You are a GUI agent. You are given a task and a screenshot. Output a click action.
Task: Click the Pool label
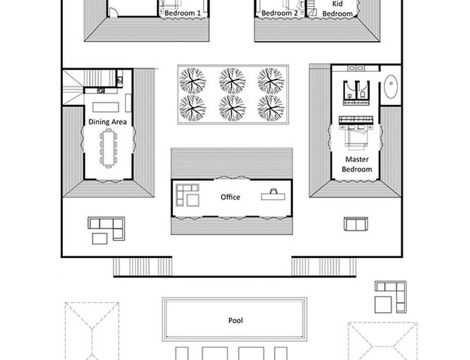[x=235, y=321]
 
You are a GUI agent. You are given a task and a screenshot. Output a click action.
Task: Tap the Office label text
[x=230, y=197]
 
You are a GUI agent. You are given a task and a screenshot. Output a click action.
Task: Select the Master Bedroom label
[x=357, y=164]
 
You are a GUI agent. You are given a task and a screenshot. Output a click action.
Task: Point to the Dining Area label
[x=107, y=122]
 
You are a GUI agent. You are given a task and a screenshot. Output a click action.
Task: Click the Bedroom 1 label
[x=183, y=13]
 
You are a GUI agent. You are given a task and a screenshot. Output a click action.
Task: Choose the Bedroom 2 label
[x=280, y=13]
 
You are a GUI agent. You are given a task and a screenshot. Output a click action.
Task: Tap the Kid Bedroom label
[x=337, y=9]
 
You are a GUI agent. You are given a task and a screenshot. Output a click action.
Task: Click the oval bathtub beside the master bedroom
[x=391, y=86]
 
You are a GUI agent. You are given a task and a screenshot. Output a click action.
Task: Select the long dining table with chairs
[x=108, y=148]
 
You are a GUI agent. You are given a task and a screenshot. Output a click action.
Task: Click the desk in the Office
[x=273, y=196]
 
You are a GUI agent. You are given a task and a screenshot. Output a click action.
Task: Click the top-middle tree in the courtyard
[x=232, y=81]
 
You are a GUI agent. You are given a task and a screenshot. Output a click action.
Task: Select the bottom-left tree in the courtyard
[x=192, y=108]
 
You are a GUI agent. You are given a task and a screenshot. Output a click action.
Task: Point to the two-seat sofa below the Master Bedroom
[x=356, y=224]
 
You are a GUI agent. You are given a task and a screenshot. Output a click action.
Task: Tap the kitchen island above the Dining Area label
[x=106, y=107]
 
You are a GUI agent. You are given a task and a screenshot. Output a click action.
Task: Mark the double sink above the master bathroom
[x=356, y=69]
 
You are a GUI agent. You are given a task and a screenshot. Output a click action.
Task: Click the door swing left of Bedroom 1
[x=113, y=12]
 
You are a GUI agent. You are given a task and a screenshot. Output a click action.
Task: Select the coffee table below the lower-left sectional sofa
[x=100, y=239]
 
